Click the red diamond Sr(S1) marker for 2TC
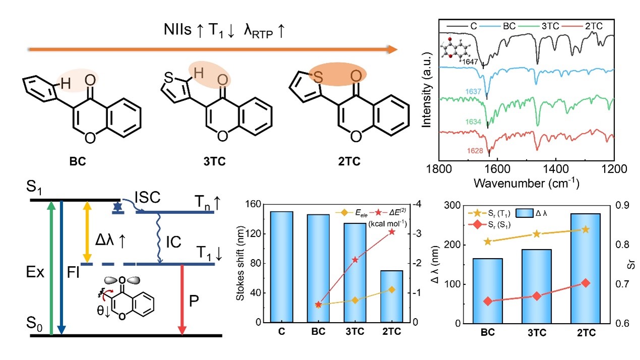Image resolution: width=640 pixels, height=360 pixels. [x=586, y=283]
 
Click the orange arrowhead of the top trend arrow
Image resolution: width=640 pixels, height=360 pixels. [x=392, y=49]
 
